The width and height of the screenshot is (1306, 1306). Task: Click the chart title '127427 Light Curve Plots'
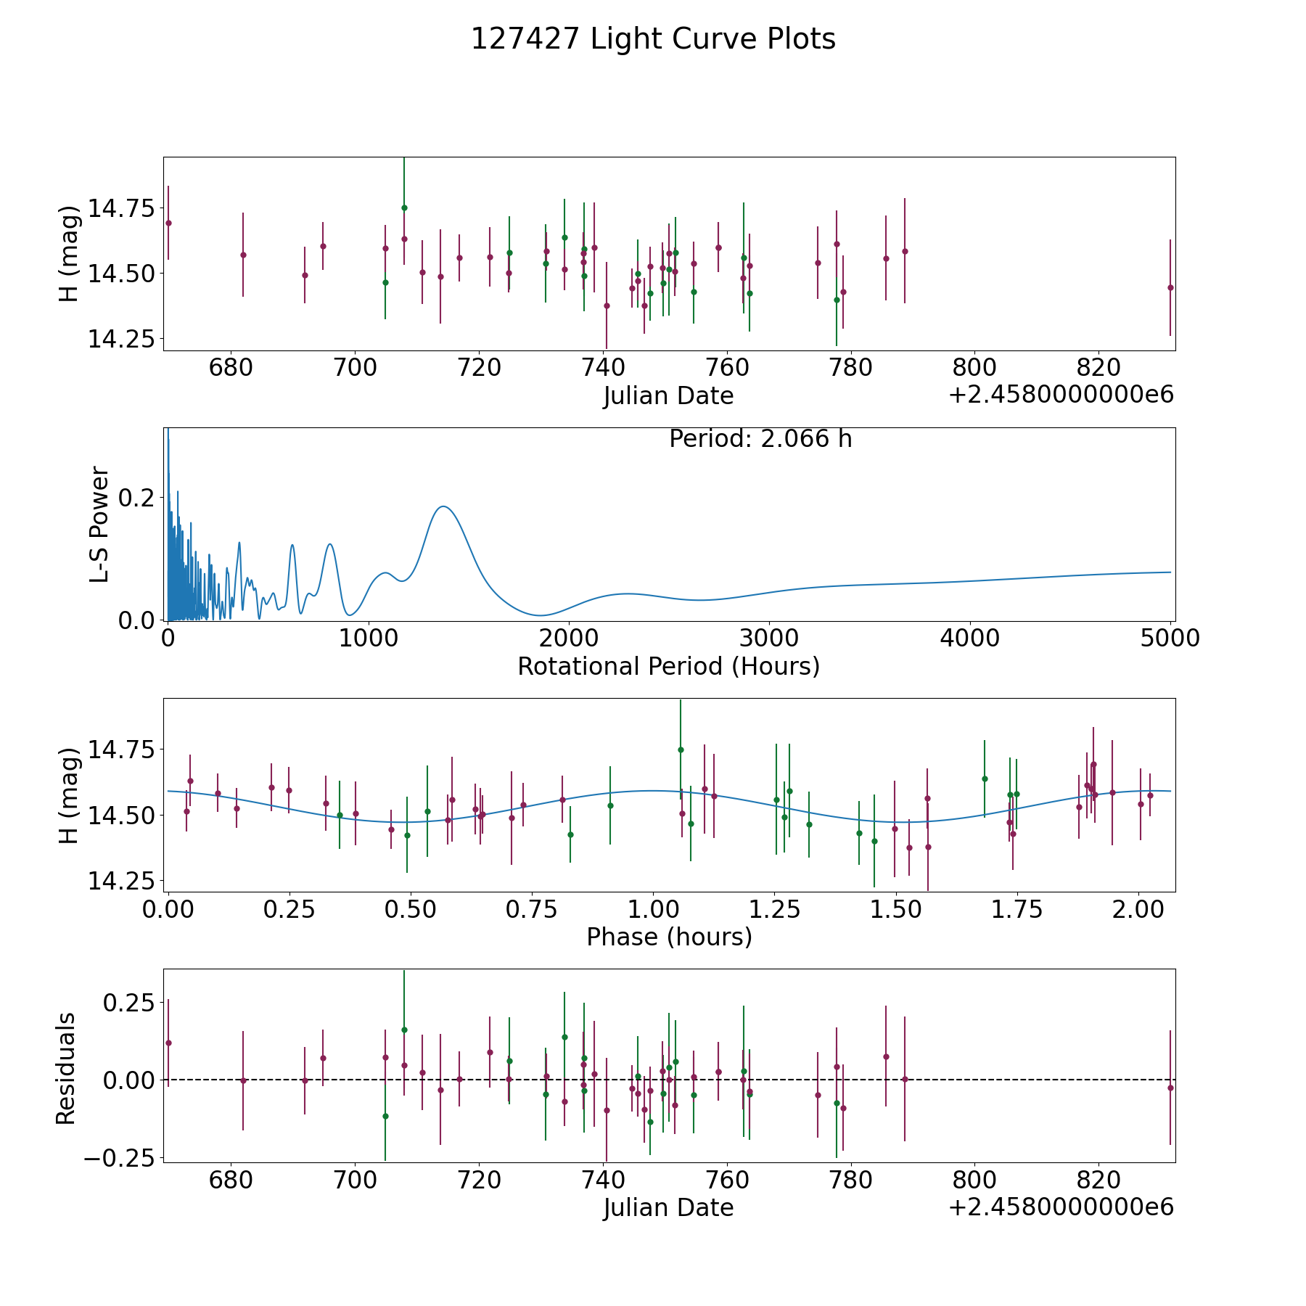tap(653, 39)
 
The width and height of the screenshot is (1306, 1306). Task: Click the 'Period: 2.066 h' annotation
tap(760, 439)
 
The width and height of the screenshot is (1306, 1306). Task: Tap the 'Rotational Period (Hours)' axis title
tap(668, 666)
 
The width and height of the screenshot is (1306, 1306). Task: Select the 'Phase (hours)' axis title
tap(669, 937)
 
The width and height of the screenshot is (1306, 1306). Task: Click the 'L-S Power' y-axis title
tap(99, 525)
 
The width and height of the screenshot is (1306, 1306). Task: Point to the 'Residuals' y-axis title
tap(66, 1069)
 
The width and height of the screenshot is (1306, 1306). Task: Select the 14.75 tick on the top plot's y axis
tap(121, 209)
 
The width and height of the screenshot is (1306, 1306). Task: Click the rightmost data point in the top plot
tap(1170, 287)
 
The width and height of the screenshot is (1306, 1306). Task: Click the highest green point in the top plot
tap(404, 208)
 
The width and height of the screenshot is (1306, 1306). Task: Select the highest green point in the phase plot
tap(681, 749)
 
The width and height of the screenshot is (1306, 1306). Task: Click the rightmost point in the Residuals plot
tap(1170, 1088)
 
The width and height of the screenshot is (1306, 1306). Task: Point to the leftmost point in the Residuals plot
tap(168, 1043)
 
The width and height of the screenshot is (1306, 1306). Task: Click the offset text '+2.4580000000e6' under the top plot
tap(1061, 395)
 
